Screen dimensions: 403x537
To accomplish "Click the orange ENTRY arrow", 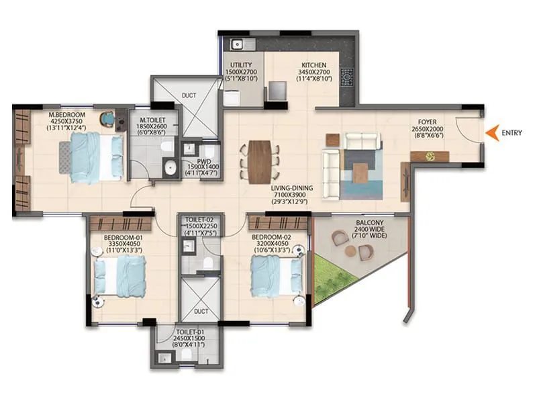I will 493,133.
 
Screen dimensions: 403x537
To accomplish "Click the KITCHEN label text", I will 313,64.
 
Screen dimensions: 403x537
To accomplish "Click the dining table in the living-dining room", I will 260,162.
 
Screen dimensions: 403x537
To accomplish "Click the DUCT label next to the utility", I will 189,95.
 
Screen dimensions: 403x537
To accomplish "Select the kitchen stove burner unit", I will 347,81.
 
